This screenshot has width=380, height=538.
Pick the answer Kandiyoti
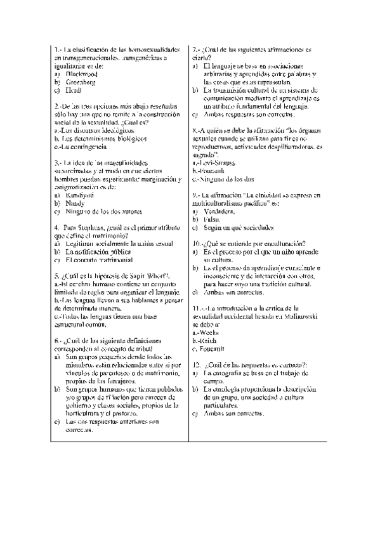pos(81,196)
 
